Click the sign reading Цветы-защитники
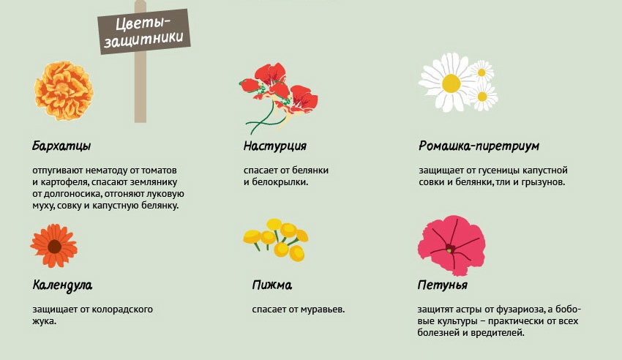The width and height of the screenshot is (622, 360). point(144,31)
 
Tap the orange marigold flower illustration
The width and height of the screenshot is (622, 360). point(64,91)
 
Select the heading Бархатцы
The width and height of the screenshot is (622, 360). point(61,146)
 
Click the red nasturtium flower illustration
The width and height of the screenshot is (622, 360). point(279,98)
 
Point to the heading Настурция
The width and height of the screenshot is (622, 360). point(275,146)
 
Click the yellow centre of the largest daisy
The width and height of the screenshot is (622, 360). point(451,83)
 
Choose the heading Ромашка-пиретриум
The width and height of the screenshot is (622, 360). point(479,146)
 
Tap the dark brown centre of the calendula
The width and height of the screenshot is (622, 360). point(54,247)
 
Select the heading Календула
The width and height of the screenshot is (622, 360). point(62,285)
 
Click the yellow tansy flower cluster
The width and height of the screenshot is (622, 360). point(276,239)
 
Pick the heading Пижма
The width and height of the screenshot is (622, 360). point(272,285)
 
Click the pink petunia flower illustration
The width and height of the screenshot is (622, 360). point(451,245)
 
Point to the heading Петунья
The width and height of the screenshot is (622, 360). point(442,285)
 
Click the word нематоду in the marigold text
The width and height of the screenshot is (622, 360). point(106,170)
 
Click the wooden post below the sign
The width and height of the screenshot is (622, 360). point(140,86)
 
